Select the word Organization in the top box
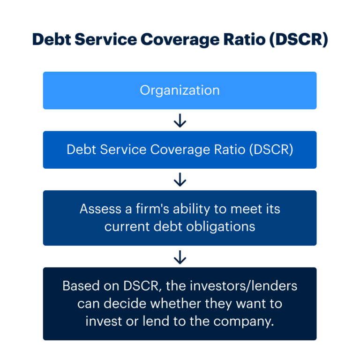(x=180, y=90)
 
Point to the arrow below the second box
(x=180, y=180)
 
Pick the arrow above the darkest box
(x=180, y=256)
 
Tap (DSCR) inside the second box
(x=271, y=150)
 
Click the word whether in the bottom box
(x=177, y=303)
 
